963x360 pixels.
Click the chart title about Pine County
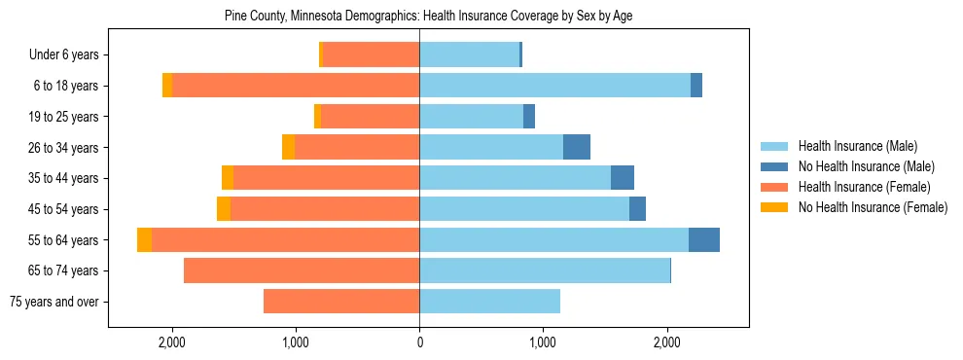tap(429, 17)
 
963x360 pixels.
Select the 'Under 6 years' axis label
tap(70, 55)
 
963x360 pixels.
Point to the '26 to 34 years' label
tap(66, 148)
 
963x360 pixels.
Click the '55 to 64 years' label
tap(66, 240)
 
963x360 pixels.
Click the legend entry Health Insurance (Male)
tap(857, 147)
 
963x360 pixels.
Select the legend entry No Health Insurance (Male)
tap(866, 166)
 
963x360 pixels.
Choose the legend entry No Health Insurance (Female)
tap(873, 207)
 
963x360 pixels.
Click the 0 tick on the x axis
tap(419, 342)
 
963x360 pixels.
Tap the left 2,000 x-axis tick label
tap(171, 342)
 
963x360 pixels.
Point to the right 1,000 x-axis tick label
tap(543, 342)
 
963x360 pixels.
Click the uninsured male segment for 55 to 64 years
tap(704, 239)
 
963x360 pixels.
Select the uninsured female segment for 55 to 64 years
tap(145, 239)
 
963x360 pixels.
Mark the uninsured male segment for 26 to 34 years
tap(577, 147)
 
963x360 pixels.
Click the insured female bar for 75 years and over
tap(341, 302)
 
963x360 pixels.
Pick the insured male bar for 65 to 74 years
tap(545, 270)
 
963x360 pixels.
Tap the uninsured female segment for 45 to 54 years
tap(224, 209)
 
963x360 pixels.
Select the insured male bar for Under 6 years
tap(469, 55)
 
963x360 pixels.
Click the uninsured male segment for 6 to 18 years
tap(696, 86)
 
